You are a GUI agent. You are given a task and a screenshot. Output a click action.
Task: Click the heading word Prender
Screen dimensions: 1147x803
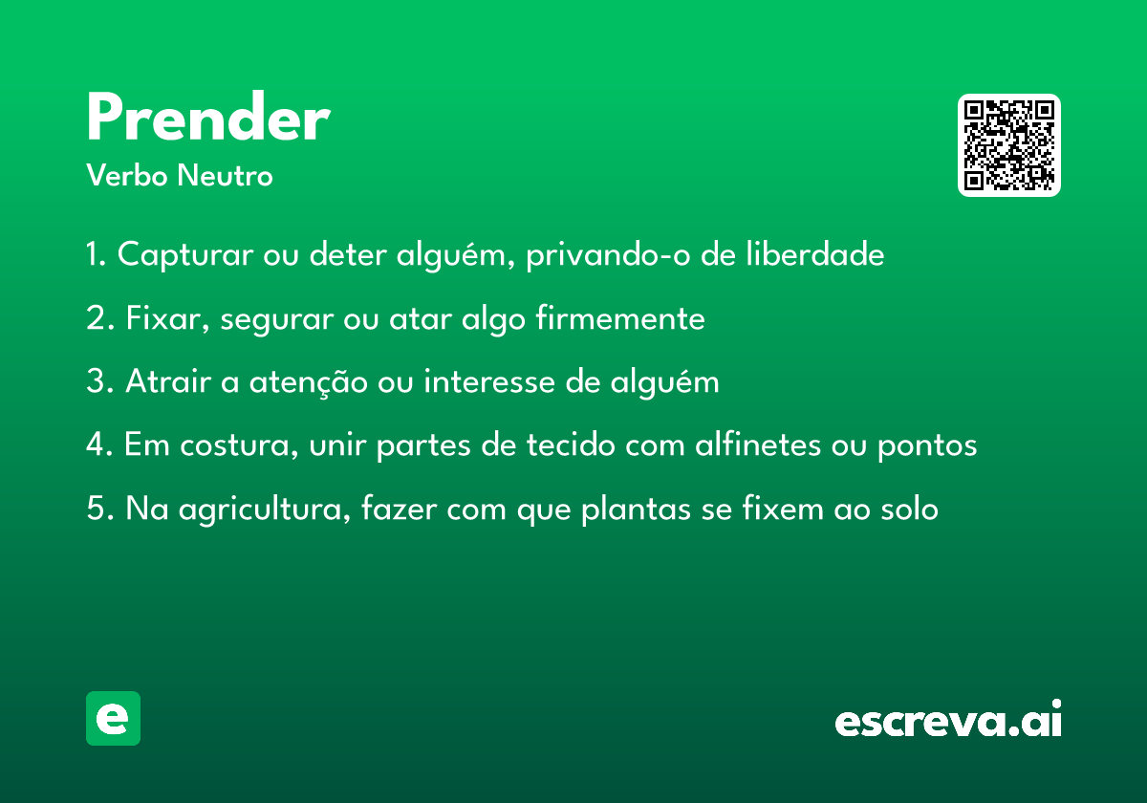click(208, 117)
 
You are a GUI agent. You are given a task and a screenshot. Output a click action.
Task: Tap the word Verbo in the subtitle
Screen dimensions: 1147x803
click(127, 175)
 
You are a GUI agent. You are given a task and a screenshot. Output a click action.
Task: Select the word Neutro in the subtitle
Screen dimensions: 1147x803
click(225, 175)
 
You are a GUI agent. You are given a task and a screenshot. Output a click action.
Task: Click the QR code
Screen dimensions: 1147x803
click(1008, 145)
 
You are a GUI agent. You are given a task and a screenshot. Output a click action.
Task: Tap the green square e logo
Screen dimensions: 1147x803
click(113, 718)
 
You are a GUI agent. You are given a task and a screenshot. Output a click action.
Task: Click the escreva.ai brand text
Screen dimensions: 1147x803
click(948, 719)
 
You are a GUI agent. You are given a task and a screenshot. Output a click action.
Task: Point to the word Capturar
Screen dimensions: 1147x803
click(185, 254)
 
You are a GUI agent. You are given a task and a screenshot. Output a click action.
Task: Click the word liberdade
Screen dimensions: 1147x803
click(814, 253)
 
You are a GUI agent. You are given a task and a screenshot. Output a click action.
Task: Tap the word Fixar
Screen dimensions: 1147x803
click(167, 318)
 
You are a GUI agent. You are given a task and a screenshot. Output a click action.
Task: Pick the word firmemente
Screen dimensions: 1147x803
click(620, 317)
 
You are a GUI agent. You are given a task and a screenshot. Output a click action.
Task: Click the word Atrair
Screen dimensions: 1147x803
click(168, 381)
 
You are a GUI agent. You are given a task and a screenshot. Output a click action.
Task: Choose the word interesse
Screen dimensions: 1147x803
click(489, 381)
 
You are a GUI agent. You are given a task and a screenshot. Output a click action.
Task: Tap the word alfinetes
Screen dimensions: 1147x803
click(758, 444)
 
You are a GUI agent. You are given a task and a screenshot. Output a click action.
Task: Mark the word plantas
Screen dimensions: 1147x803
click(636, 509)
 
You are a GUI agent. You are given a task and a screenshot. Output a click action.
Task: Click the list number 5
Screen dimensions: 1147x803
click(97, 508)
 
